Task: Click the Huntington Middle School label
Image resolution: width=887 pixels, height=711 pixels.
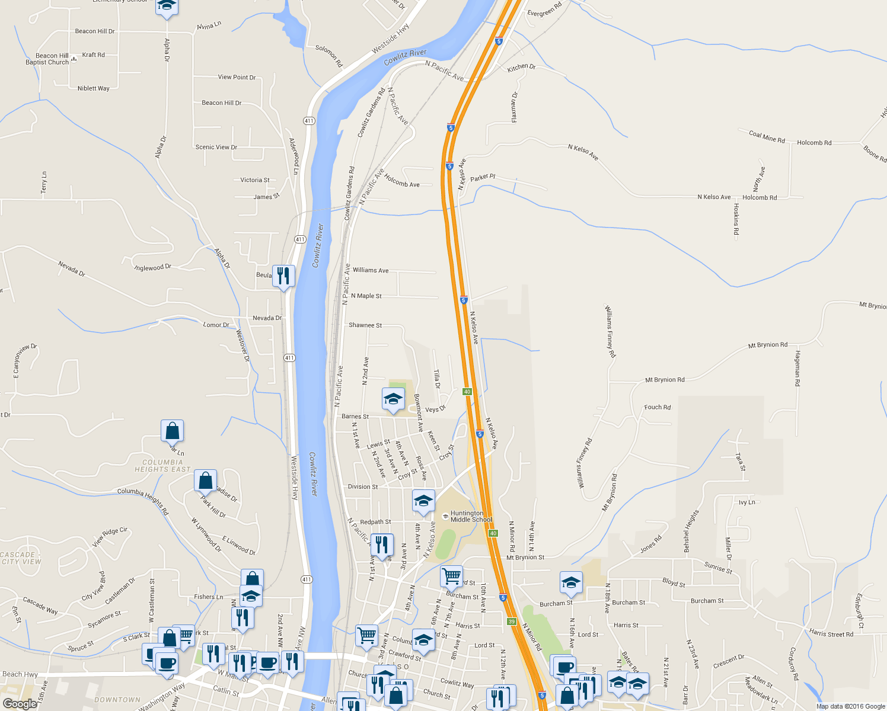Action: [471, 517]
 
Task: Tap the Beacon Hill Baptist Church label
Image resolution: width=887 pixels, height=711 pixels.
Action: [47, 59]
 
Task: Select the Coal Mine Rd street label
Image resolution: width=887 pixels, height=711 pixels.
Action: [767, 137]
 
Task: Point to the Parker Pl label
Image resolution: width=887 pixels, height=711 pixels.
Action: [483, 178]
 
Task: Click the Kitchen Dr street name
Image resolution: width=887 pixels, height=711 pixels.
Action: [521, 68]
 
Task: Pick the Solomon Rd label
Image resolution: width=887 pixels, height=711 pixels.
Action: [329, 56]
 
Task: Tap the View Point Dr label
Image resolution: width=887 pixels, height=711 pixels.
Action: [237, 77]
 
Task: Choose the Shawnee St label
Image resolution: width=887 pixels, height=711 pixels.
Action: [365, 325]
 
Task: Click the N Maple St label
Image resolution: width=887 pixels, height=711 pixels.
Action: [366, 296]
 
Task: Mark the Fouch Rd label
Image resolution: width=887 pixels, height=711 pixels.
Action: [658, 407]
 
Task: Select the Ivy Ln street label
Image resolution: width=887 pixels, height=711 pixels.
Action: [747, 502]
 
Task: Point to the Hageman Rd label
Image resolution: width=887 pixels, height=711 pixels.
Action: [797, 369]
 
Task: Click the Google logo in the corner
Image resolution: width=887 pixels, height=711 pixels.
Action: [20, 704]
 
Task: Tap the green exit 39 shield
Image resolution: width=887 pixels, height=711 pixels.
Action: [512, 621]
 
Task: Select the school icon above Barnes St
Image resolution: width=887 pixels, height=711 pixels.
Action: [393, 400]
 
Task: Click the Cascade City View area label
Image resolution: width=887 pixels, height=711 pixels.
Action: [21, 558]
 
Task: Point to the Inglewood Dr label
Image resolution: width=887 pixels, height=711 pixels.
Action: [153, 268]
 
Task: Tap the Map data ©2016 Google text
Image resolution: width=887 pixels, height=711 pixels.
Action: [850, 706]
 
